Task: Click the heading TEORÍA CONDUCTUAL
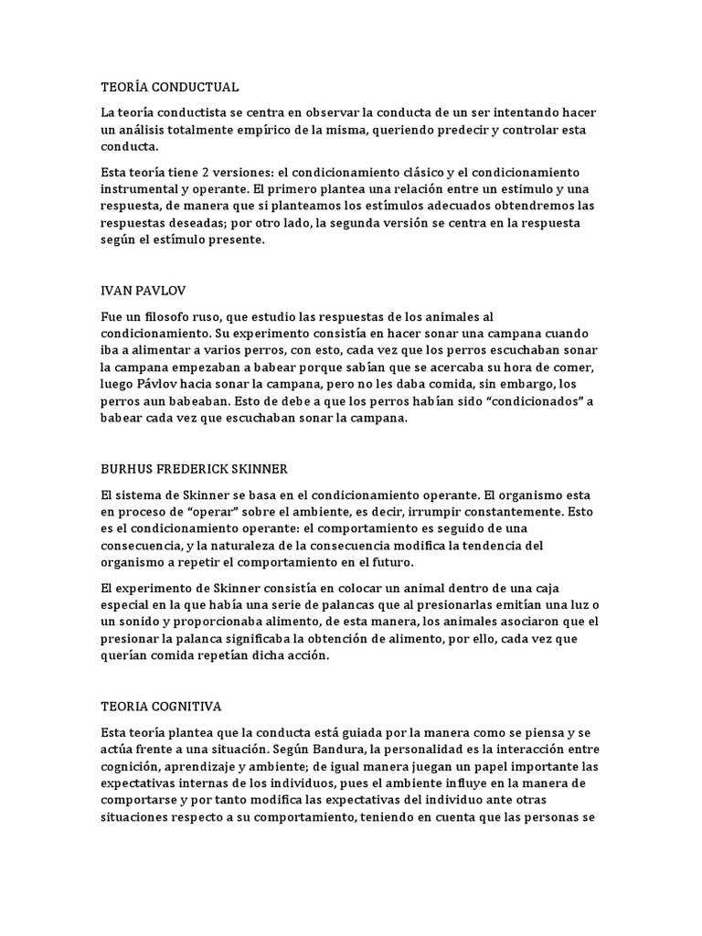(x=169, y=87)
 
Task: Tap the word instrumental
(x=140, y=189)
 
